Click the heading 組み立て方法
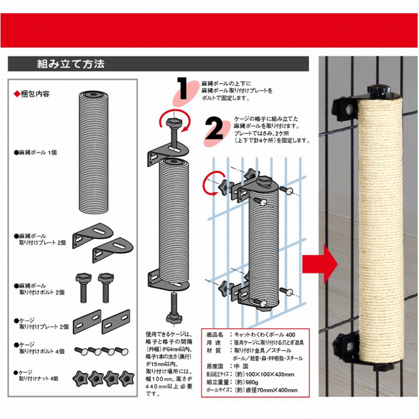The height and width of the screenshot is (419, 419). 70,64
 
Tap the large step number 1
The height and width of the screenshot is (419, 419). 183,88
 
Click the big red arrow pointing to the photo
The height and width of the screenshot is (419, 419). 320,264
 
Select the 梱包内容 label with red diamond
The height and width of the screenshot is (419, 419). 32,94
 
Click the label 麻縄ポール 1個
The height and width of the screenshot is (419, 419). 36,153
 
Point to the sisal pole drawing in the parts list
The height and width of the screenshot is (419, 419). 93,153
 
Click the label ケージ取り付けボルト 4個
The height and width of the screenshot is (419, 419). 39,348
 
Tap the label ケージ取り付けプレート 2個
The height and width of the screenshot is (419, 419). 41,323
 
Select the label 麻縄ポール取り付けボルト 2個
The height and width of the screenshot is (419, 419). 39,289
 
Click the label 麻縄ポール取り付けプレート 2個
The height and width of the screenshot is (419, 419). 40,239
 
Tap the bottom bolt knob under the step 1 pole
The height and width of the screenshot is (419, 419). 174,318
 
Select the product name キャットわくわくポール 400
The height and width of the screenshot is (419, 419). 264,334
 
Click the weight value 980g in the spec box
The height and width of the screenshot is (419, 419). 252,382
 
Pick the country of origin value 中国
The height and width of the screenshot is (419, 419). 241,366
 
